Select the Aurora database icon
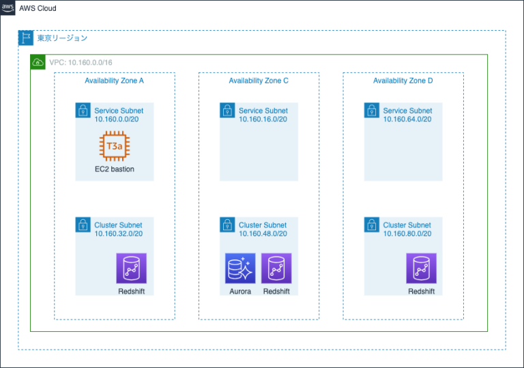pos(240,268)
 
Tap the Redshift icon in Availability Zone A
pos(131,268)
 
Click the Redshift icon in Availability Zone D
pos(421,268)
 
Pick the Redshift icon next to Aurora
pos(276,268)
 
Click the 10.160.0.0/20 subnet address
pos(118,119)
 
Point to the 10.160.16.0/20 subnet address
pos(263,119)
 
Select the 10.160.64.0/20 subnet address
pos(407,119)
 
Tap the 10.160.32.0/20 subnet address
pos(118,233)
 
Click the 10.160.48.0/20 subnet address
pos(263,233)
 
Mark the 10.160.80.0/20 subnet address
pos(407,233)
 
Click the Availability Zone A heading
pos(114,81)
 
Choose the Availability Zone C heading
pos(259,81)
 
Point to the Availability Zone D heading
pos(403,81)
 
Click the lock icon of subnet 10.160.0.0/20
pos(83,110)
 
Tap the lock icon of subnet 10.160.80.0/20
pos(371,225)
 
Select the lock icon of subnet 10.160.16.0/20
pos(227,110)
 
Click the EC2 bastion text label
pos(115,169)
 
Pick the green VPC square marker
pos(38,62)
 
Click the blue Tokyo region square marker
pos(25,38)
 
